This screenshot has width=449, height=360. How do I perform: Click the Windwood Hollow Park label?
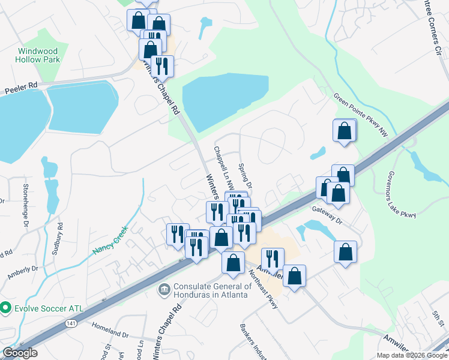pos(38,55)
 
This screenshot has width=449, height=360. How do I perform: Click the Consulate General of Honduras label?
pos(211,290)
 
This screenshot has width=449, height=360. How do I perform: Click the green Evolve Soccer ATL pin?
pos(6,308)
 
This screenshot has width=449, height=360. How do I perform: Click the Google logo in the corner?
pos(20,353)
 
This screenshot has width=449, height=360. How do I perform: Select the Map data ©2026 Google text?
pos(412,355)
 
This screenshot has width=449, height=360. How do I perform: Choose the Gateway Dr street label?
pos(327,214)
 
